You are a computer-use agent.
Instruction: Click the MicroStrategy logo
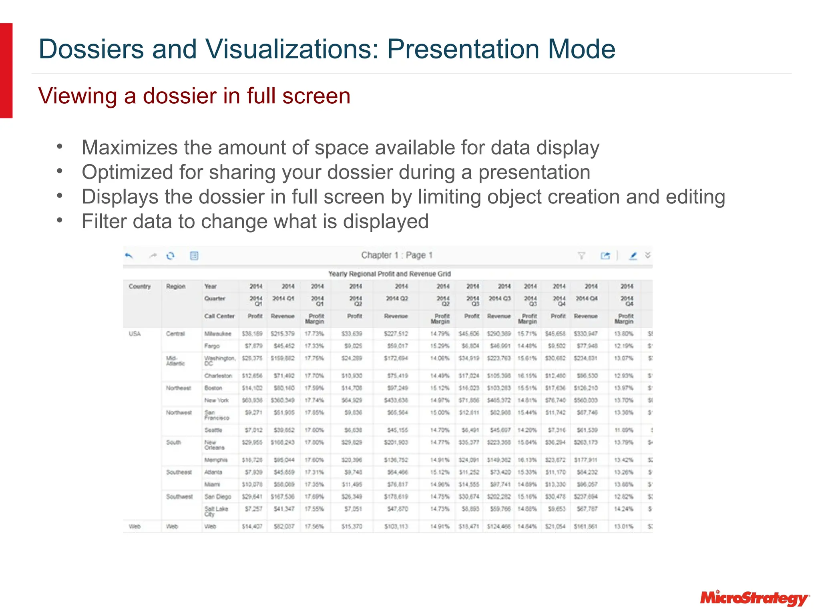[755, 598]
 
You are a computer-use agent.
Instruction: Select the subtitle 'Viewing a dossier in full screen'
[194, 96]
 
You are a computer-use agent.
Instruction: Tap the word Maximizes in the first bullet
[129, 147]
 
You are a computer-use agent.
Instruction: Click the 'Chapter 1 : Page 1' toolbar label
[397, 255]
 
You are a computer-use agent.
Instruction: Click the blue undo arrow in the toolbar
[129, 255]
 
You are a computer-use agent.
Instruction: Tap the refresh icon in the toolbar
[171, 255]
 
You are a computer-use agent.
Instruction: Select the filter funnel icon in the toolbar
[581, 255]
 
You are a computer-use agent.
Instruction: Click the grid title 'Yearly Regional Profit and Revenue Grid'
[389, 274]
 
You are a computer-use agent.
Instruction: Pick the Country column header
[140, 286]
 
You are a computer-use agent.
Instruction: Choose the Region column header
[176, 286]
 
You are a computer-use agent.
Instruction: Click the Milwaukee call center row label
[218, 334]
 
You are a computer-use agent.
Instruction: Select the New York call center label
[217, 400]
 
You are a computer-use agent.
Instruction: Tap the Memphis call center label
[216, 460]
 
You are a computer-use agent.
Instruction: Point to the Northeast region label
[179, 388]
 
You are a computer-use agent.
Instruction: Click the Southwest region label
[179, 496]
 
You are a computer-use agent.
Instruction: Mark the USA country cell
[135, 334]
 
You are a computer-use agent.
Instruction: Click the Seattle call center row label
[213, 430]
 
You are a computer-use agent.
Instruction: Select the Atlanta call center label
[213, 472]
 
